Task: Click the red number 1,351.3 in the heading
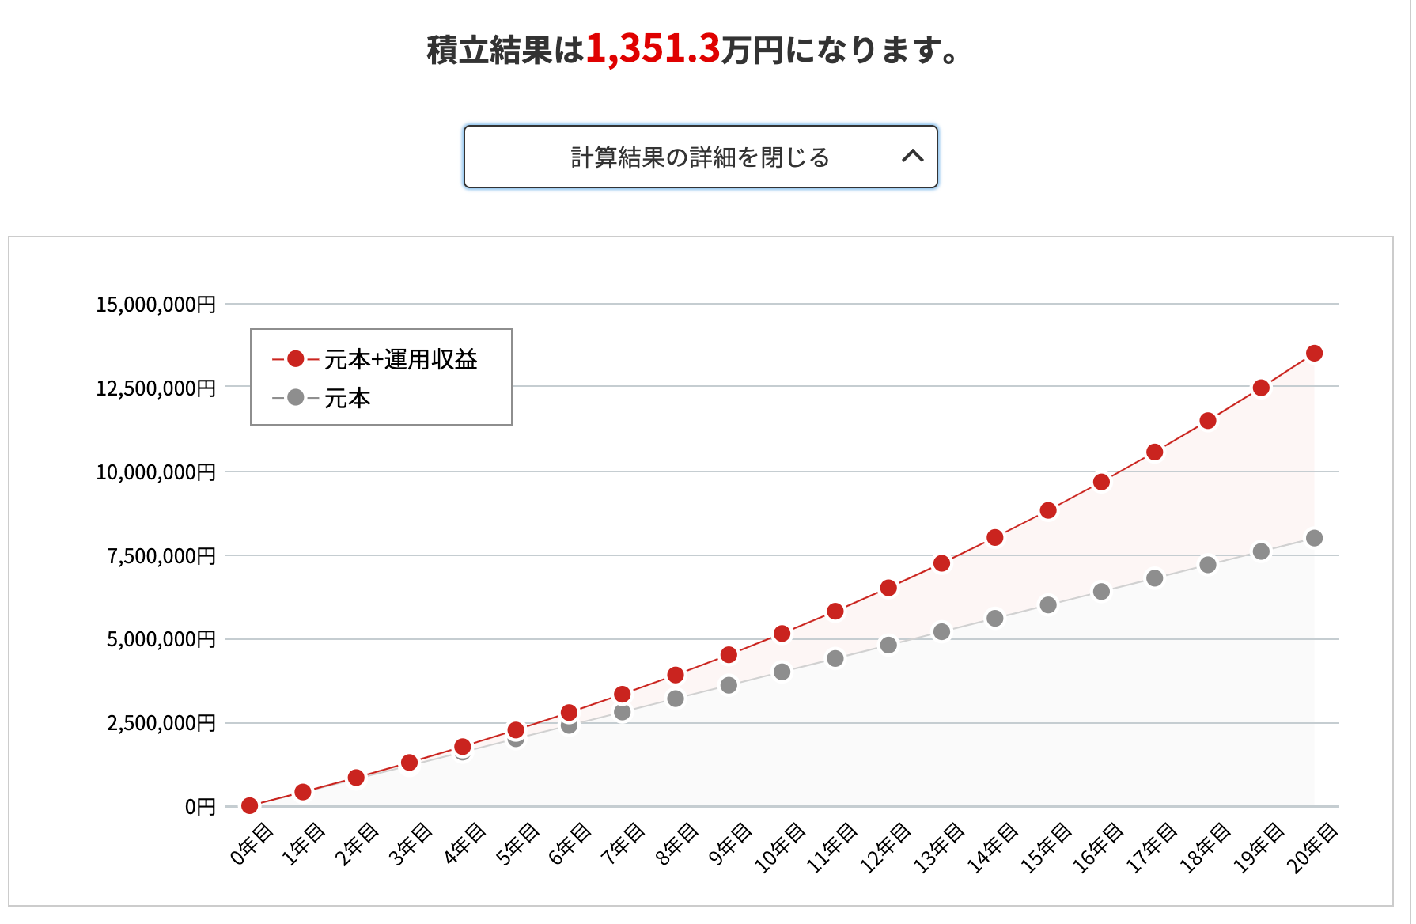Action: point(653,49)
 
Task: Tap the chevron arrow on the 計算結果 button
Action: point(912,156)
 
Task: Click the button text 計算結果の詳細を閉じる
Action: point(700,157)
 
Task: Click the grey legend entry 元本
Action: point(347,398)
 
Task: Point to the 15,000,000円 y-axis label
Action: point(156,305)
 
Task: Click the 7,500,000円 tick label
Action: point(161,556)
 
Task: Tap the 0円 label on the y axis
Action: point(200,807)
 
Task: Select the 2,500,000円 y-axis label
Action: point(161,723)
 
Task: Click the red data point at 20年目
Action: point(1314,353)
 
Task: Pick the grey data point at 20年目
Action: point(1314,538)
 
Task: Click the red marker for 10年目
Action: point(782,634)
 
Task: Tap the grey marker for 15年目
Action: point(1048,605)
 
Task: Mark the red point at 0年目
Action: point(249,805)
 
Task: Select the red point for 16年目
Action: point(1101,482)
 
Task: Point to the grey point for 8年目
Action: point(676,699)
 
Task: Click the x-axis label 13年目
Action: point(939,847)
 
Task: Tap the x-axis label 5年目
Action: point(517,844)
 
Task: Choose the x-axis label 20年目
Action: point(1312,847)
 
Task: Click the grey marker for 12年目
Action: point(888,645)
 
